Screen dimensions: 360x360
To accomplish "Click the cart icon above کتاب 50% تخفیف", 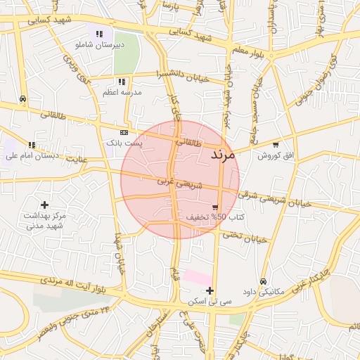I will (x=214, y=207).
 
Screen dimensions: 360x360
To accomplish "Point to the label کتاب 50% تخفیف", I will (x=215, y=217).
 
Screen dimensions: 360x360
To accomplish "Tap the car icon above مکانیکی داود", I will (x=264, y=281).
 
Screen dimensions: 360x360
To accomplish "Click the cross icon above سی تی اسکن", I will (x=210, y=290).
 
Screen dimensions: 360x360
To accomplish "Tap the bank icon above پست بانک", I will (x=124, y=132).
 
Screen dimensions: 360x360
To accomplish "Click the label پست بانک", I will (x=124, y=142).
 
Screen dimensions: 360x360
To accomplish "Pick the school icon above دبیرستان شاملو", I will (x=100, y=33).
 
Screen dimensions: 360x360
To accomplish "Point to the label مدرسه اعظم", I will (x=122, y=92).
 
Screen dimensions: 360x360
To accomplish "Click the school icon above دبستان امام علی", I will (x=30, y=145).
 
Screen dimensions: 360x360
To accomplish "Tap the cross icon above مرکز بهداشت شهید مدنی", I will (x=44, y=205).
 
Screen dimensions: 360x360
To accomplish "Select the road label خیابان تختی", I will (x=245, y=237).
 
